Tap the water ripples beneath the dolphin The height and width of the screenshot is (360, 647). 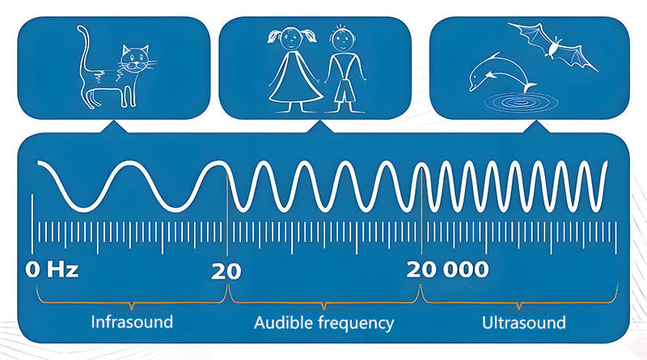pyautogui.click(x=521, y=102)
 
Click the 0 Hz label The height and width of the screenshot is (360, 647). pyautogui.click(x=52, y=270)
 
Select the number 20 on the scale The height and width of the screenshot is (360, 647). pyautogui.click(x=226, y=272)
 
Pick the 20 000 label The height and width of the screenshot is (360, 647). pyautogui.click(x=448, y=270)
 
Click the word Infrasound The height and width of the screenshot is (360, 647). pyautogui.click(x=132, y=322)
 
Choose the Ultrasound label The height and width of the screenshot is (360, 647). pyautogui.click(x=524, y=323)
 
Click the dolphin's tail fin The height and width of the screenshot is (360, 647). pyautogui.click(x=529, y=87)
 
